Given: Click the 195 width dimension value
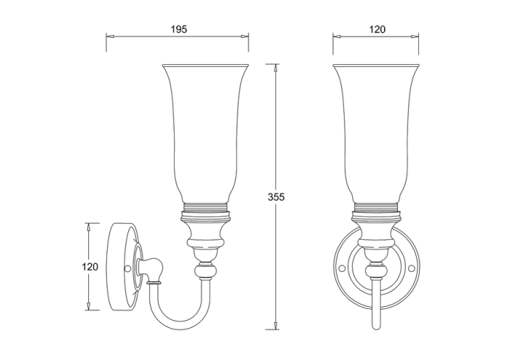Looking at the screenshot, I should click(x=179, y=29).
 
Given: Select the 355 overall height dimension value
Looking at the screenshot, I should click(x=275, y=197).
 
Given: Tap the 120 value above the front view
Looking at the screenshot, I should click(x=377, y=29).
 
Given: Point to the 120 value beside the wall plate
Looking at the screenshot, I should click(x=89, y=267).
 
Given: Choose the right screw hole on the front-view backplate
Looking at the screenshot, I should click(x=412, y=268).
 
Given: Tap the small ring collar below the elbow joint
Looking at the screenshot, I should click(x=154, y=282).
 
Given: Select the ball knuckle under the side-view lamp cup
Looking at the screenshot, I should click(x=205, y=272).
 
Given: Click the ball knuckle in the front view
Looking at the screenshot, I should click(x=377, y=272).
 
